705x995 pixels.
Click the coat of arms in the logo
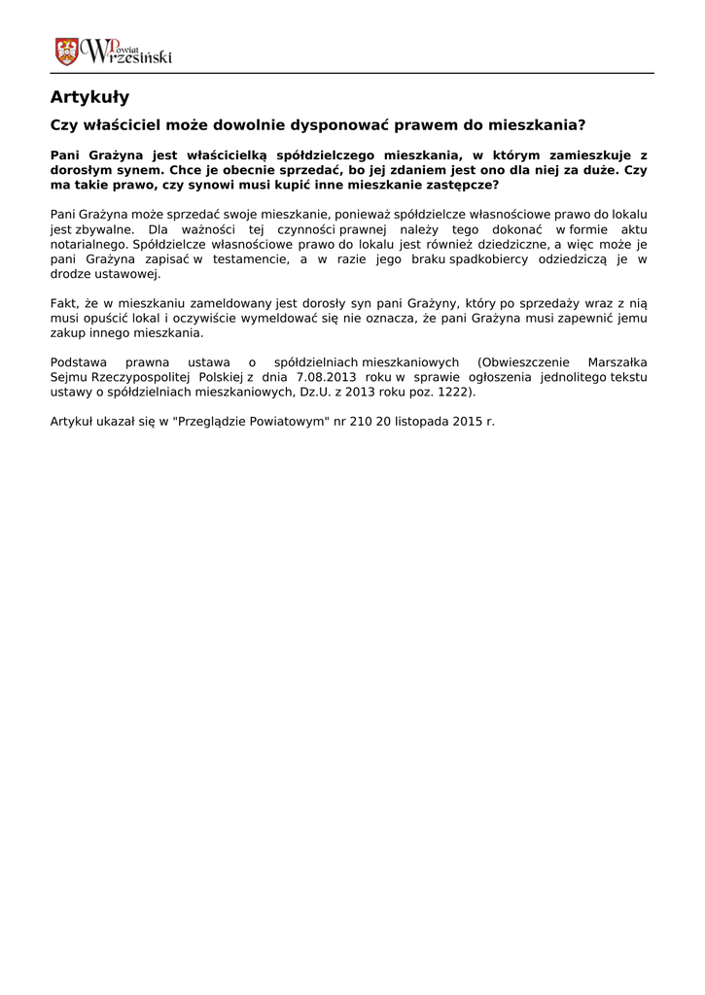[66, 51]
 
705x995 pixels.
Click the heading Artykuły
[89, 97]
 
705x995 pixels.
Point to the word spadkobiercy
[490, 259]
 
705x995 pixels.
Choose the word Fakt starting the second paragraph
[64, 303]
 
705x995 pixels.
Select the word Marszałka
[617, 362]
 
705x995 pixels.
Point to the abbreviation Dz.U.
[318, 392]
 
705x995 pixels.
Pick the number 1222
[453, 392]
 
